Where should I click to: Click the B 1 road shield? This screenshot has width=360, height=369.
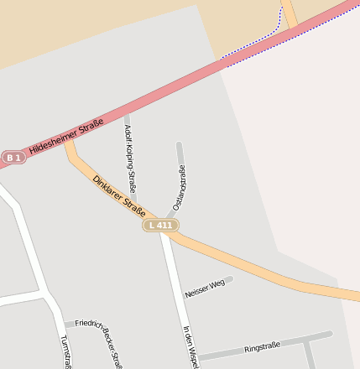pos(12,157)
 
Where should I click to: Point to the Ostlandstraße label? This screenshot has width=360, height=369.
pos(179,188)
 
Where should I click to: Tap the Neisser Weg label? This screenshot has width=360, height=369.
pos(205,288)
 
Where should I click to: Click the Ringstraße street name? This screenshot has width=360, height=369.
pos(261,347)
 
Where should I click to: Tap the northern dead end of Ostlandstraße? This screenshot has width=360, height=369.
pos(179,145)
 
